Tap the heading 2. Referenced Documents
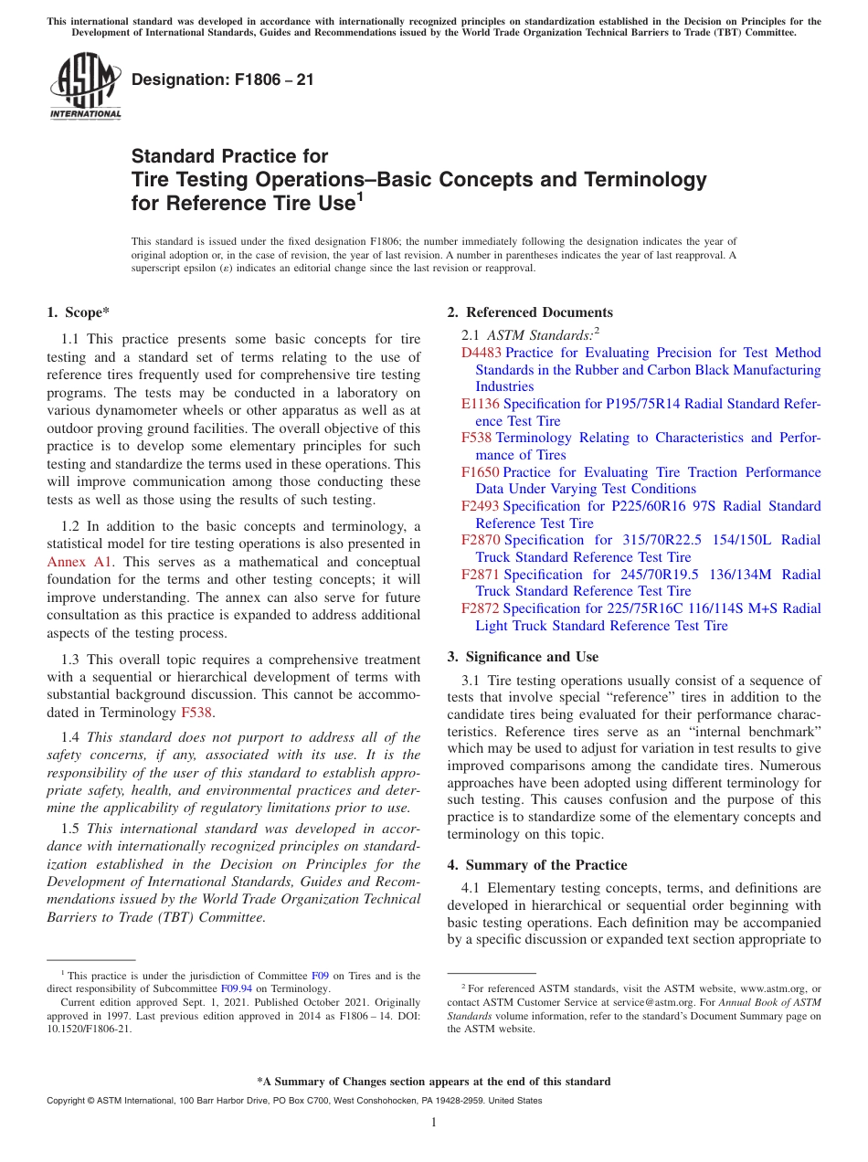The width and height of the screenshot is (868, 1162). coord(530,312)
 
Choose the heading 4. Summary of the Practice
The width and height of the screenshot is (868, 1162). coord(536,865)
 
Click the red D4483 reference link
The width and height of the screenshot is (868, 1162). coord(481,353)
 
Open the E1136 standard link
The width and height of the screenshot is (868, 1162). coord(480,404)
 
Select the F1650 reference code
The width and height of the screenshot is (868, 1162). coord(480,472)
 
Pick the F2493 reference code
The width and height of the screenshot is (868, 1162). coord(480,506)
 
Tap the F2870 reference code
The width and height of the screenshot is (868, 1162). coord(480,540)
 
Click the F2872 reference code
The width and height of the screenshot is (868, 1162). coord(480,608)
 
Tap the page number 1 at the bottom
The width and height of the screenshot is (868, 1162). coord(434,1123)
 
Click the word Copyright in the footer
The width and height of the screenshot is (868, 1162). coord(67,1101)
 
